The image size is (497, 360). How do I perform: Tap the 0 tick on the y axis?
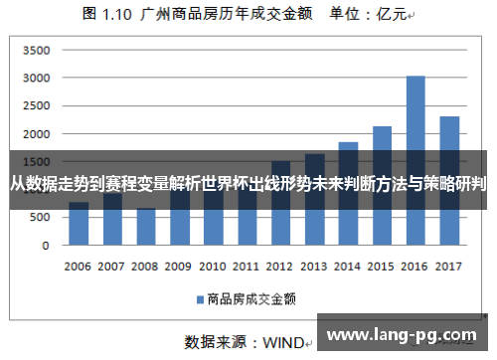[x=45, y=245]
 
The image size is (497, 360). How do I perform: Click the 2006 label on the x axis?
[x=79, y=267]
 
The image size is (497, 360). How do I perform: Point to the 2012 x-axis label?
[x=280, y=267]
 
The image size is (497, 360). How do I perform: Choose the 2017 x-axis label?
[x=449, y=267]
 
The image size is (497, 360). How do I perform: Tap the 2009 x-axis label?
[x=179, y=267]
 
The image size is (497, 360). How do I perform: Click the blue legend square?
[x=199, y=297]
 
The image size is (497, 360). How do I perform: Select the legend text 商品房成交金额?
[x=250, y=297]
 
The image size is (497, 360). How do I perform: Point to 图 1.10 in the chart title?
[x=106, y=15]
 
